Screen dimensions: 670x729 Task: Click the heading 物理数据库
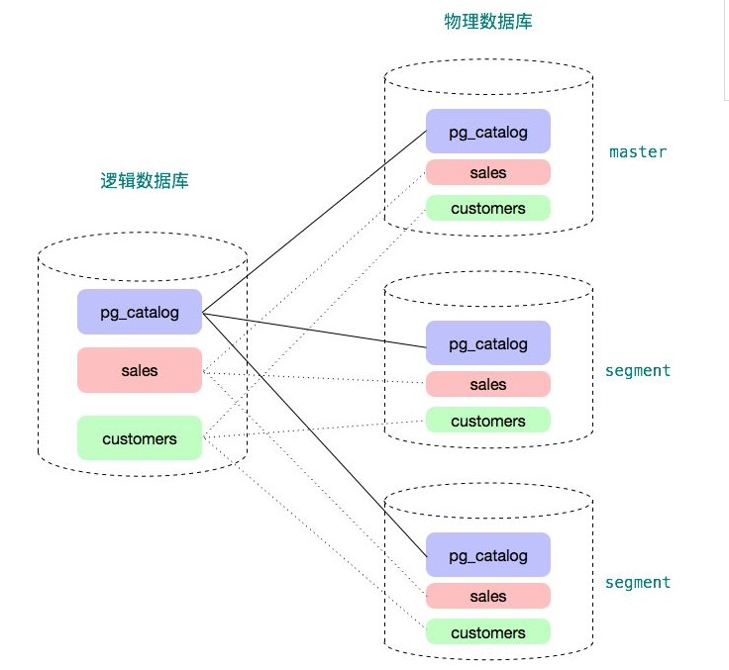point(487,21)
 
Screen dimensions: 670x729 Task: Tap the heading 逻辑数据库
point(145,181)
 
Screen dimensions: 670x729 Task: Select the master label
point(638,151)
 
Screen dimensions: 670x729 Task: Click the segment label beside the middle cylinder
point(638,370)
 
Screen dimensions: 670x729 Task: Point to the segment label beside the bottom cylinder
point(638,582)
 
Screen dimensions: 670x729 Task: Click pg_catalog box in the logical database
point(140,312)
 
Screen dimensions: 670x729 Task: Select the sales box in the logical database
point(140,370)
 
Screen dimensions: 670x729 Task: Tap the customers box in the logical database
point(140,438)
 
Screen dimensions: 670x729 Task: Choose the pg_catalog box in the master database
point(487,132)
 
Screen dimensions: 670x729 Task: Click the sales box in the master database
point(487,172)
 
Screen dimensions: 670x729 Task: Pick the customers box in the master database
point(487,208)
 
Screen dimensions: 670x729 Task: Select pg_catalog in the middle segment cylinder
point(487,343)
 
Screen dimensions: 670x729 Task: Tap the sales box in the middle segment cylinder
point(487,384)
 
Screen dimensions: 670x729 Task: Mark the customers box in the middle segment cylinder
point(487,421)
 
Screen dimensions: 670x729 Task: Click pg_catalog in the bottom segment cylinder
point(487,555)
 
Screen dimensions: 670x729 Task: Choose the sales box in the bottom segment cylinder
point(487,596)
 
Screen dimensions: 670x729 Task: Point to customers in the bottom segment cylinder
point(487,632)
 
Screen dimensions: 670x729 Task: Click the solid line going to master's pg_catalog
point(315,223)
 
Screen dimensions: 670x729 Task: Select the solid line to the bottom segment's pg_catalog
point(315,435)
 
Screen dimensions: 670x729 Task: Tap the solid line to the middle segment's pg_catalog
point(315,329)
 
